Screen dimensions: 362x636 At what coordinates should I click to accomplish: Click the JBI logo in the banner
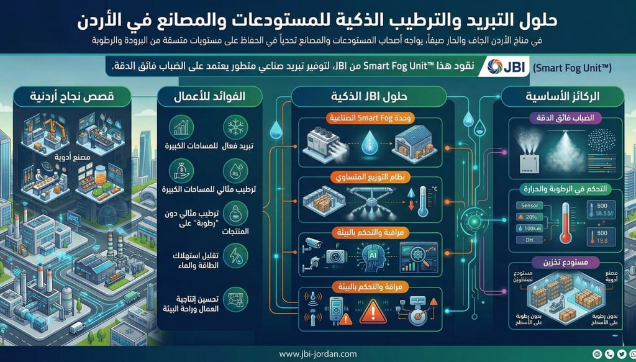504,66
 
